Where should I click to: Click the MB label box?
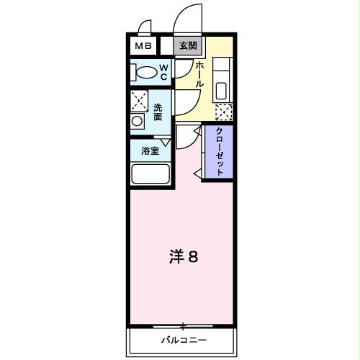(x=141, y=46)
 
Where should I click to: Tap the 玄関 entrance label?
(x=187, y=46)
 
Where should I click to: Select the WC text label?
(x=163, y=72)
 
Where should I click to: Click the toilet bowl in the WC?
(x=145, y=73)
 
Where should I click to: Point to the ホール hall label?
(x=199, y=75)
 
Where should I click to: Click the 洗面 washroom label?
(x=158, y=112)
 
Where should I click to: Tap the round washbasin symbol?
(x=137, y=122)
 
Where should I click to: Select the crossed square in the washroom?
(x=139, y=101)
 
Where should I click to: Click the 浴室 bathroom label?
(x=150, y=151)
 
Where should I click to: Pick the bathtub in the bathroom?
(x=150, y=175)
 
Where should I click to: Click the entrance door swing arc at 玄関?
(x=186, y=18)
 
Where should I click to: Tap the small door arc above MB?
(x=144, y=27)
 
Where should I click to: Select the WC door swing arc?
(x=183, y=72)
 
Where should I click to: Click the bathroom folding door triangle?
(x=166, y=142)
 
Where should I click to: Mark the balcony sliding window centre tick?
(x=183, y=326)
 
